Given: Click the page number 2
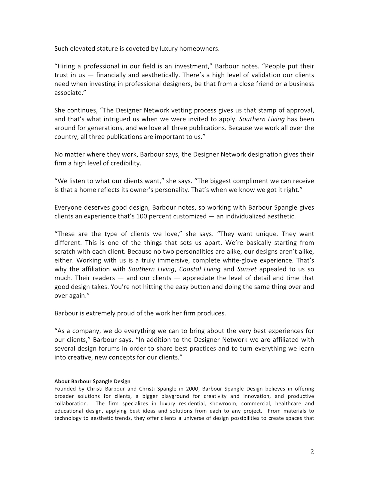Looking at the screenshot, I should (312, 452).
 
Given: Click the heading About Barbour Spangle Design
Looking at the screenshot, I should (92, 382).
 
